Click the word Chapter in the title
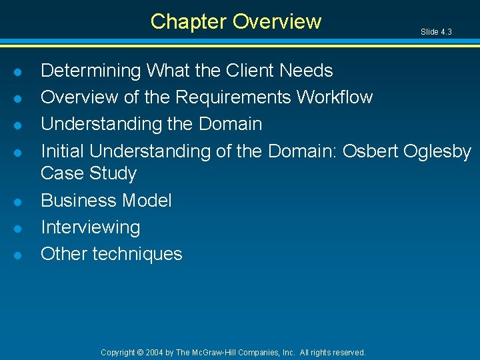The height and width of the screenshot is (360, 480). (189, 22)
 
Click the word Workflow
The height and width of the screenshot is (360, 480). (335, 97)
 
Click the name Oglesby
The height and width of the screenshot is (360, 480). (439, 152)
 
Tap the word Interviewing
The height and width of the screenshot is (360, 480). (91, 228)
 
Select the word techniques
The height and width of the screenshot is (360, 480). (137, 254)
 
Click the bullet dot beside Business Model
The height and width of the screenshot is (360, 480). (22, 201)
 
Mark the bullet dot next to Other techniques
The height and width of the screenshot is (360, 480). (22, 255)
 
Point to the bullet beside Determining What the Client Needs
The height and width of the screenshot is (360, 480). (22, 71)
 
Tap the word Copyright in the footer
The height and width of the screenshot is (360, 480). (117, 352)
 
